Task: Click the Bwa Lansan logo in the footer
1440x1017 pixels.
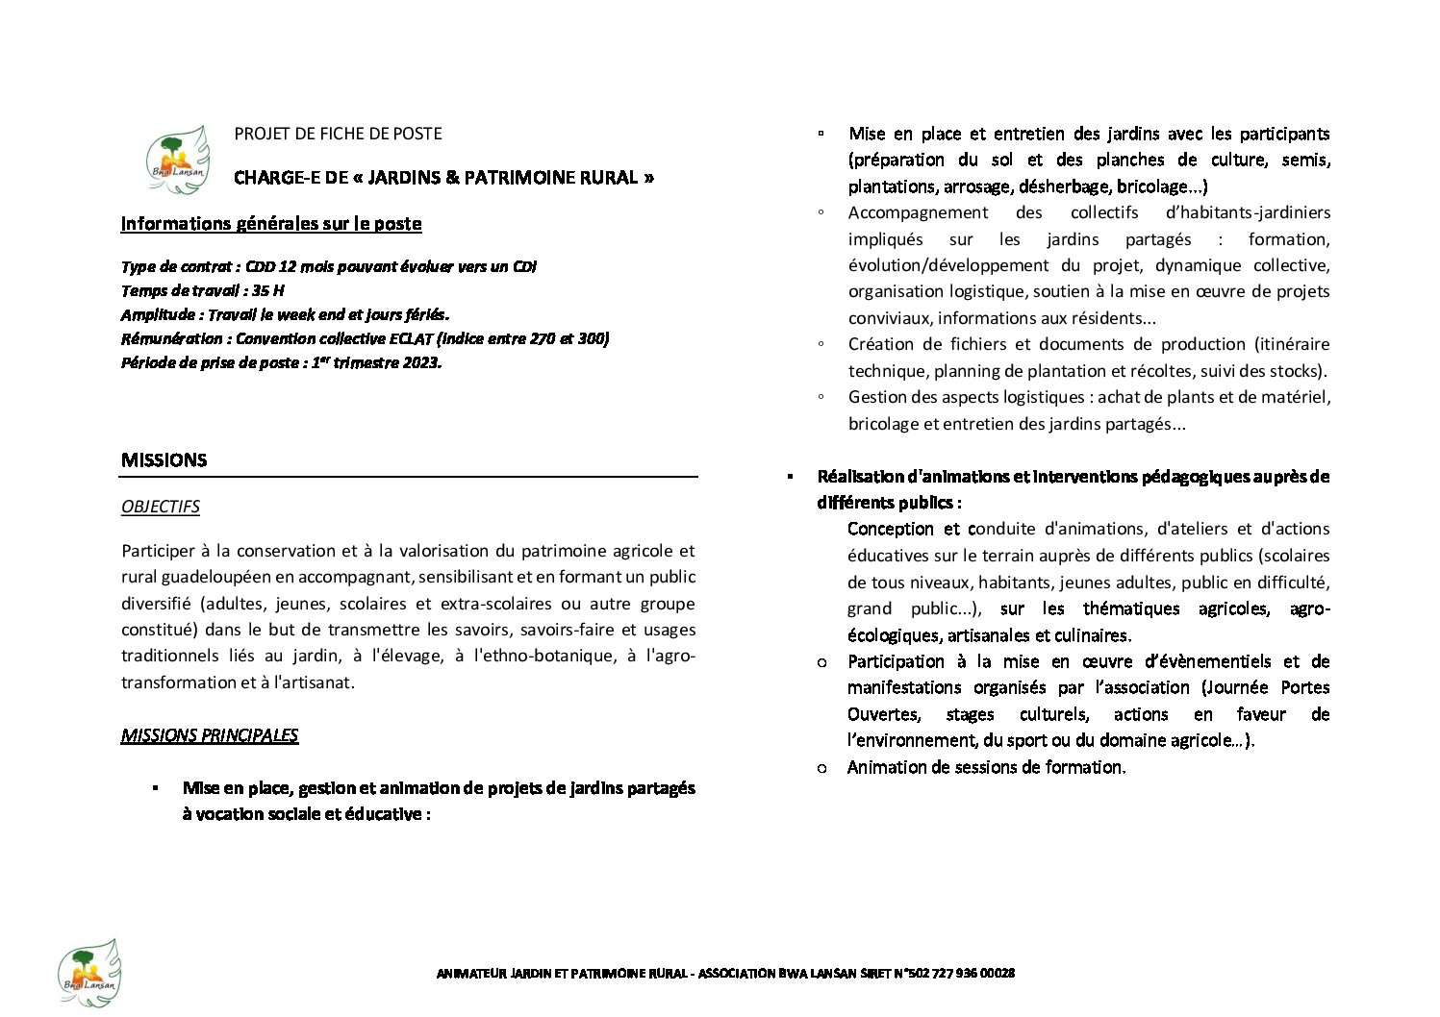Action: click(x=88, y=972)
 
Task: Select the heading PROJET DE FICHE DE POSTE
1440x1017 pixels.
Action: click(x=338, y=134)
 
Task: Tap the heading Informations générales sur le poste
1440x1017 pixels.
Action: click(x=271, y=224)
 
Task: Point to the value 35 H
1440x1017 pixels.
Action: click(x=268, y=290)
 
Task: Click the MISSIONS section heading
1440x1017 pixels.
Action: click(x=164, y=460)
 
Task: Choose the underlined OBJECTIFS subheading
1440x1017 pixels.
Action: click(x=161, y=507)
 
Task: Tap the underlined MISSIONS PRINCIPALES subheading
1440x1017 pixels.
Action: click(x=210, y=736)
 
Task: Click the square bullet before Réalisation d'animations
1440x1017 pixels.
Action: click(x=790, y=477)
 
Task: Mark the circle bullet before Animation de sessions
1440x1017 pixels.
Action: click(x=821, y=768)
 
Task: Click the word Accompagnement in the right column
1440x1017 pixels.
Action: click(x=918, y=212)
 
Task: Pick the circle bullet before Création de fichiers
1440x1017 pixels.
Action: click(x=821, y=344)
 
